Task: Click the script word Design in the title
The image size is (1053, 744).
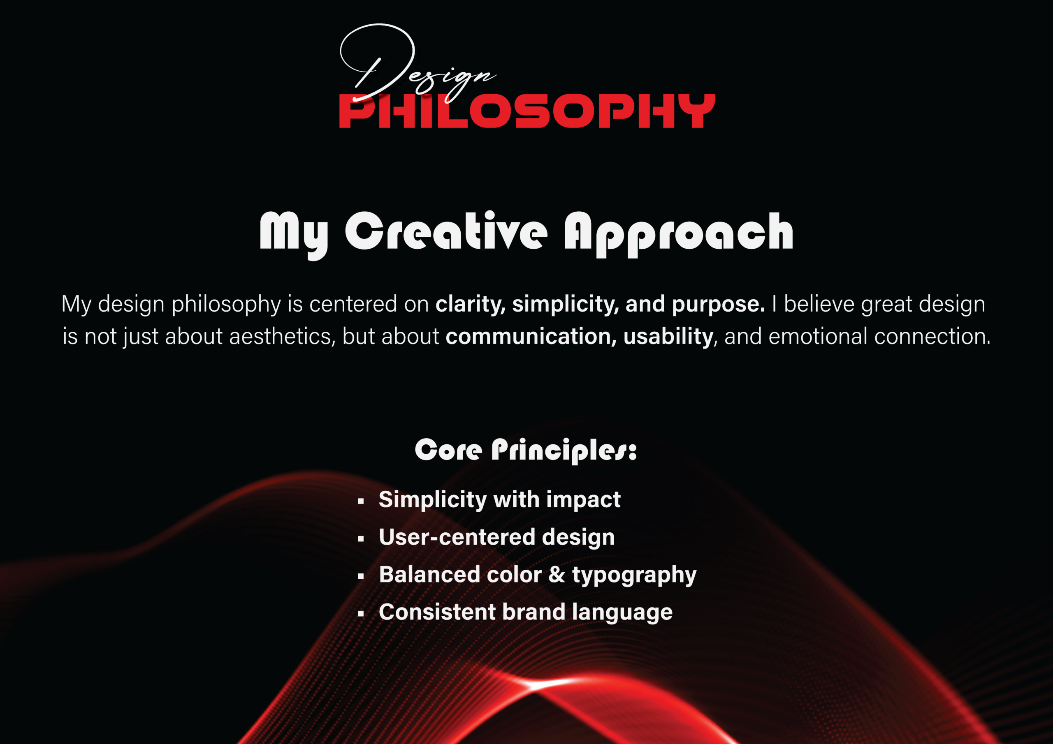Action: click(x=413, y=69)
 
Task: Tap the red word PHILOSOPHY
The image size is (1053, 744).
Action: click(x=526, y=111)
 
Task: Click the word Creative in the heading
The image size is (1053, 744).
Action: click(x=446, y=232)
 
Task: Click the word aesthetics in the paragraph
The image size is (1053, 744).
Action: click(x=282, y=337)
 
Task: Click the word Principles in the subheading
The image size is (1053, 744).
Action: click(x=564, y=451)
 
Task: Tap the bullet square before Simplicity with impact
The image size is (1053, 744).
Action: click(x=361, y=501)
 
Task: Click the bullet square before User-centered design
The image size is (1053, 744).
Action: click(x=361, y=539)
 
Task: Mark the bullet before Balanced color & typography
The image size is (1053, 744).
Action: click(x=361, y=577)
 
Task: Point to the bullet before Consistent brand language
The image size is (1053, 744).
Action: click(x=361, y=614)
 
